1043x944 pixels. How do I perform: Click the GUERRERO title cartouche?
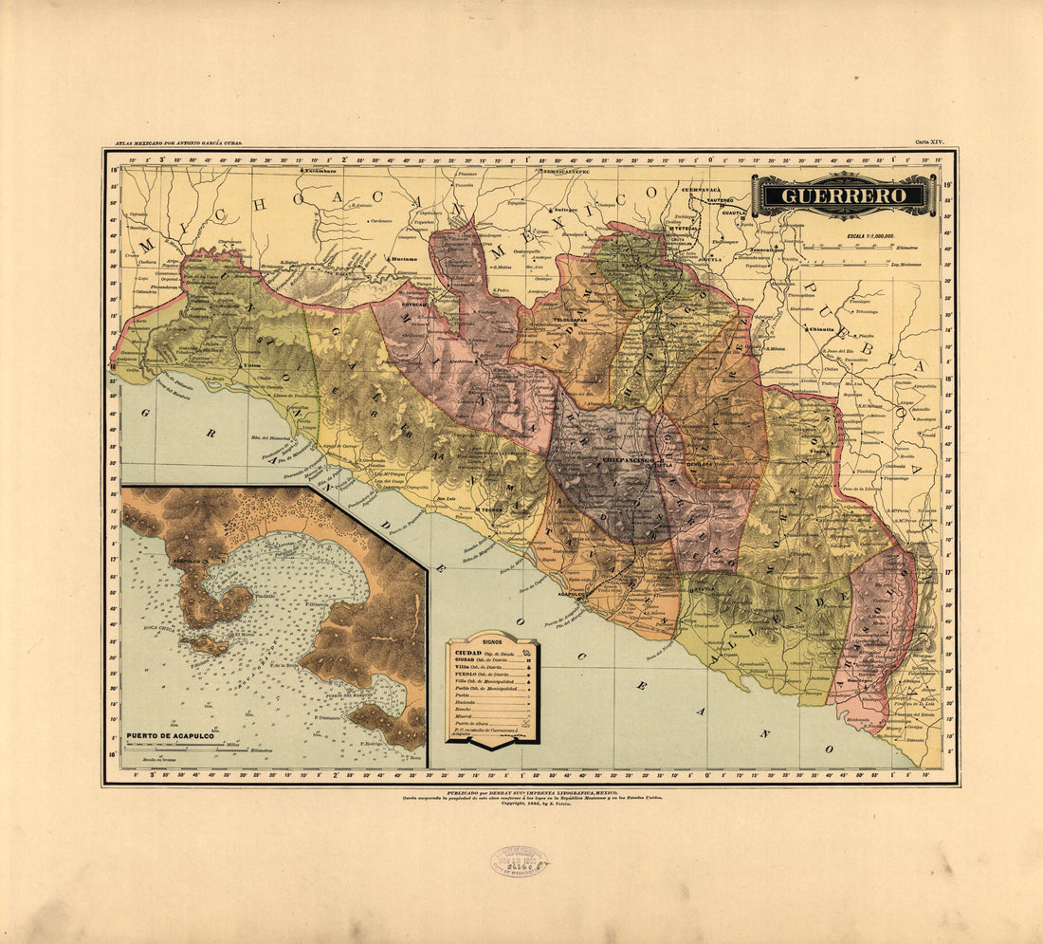tap(843, 195)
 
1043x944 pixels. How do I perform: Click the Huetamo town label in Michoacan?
tap(403, 258)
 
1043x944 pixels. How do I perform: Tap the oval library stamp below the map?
tap(519, 861)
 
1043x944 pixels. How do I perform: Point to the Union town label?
tap(252, 364)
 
